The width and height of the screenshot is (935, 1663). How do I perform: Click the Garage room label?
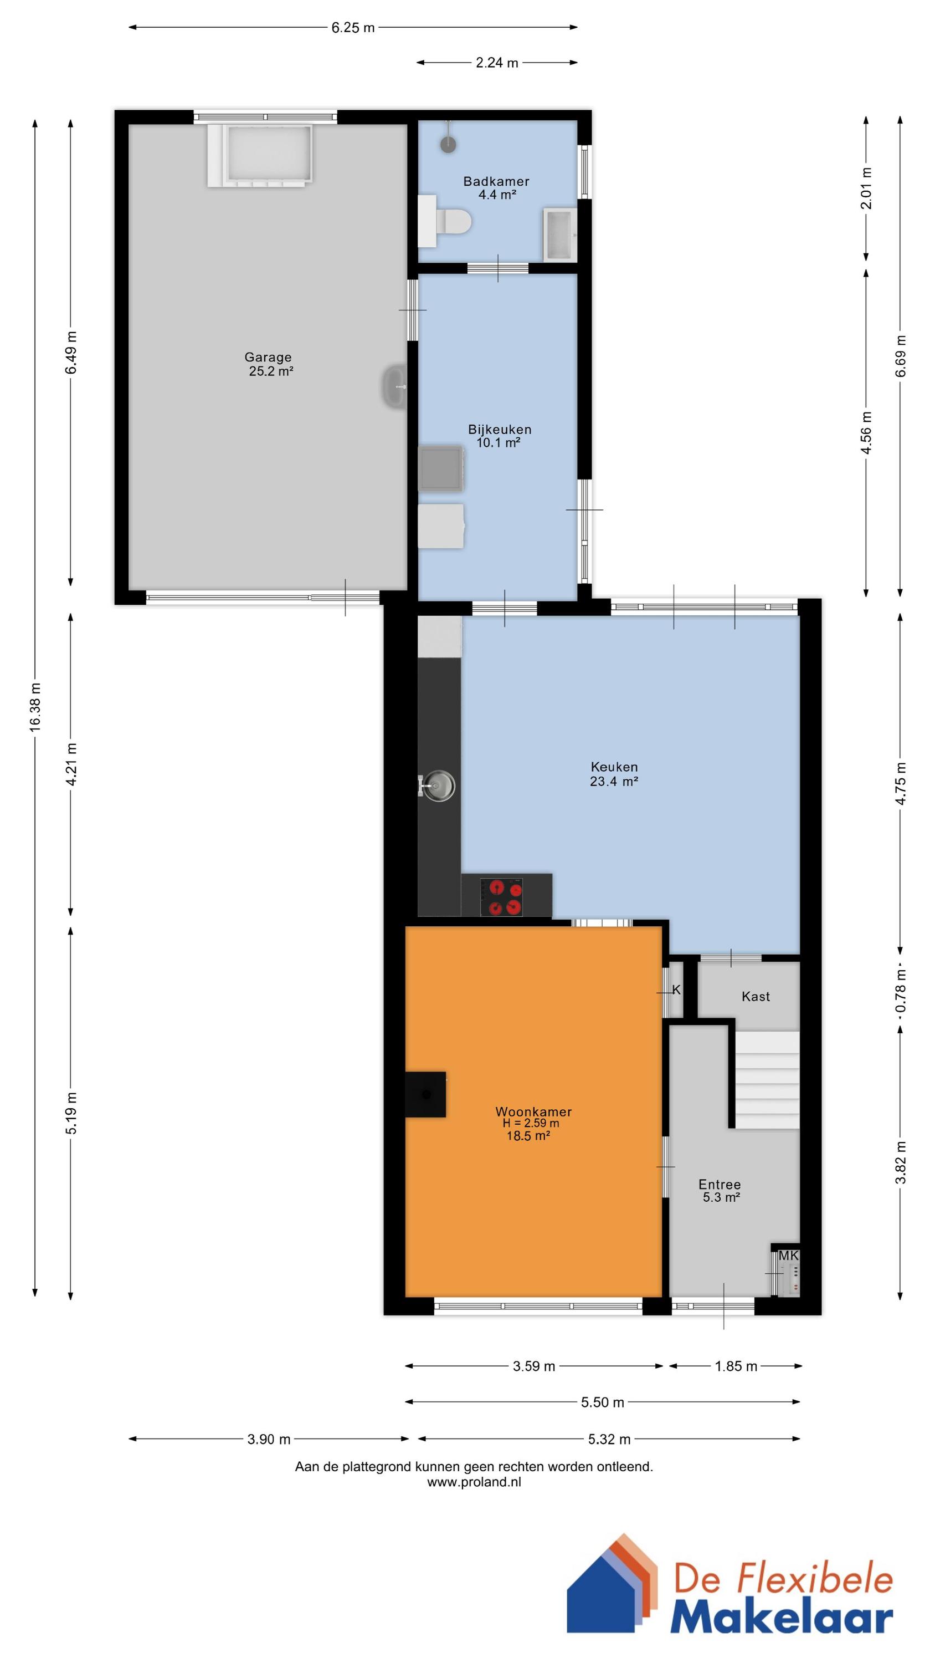pos(268,357)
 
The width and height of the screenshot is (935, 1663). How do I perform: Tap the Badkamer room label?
pos(496,181)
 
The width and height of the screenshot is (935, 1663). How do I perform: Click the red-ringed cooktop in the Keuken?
pos(501,897)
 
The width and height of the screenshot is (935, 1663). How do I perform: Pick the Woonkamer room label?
pos(533,1111)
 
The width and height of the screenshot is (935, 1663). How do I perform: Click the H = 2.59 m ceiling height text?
pos(531,1123)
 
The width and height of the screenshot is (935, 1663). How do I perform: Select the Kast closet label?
pos(756,996)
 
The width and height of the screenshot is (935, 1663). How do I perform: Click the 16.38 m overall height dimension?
pos(35,707)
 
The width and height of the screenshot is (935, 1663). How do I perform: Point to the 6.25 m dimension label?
pos(353,28)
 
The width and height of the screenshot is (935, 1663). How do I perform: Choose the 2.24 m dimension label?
pos(497,63)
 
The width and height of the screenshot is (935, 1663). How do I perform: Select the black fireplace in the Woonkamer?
pos(425,1094)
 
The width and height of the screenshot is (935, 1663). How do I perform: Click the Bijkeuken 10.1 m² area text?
pos(498,443)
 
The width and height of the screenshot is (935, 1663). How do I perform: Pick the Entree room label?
pos(720,1185)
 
